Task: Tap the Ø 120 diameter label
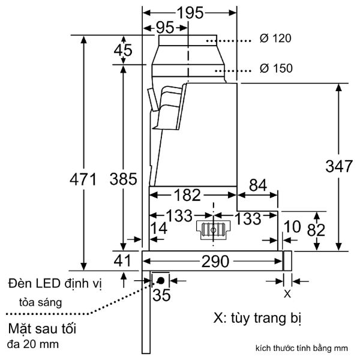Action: [275, 38]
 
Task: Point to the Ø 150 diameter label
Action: [275, 68]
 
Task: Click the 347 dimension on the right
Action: [339, 167]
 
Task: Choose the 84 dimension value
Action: [258, 185]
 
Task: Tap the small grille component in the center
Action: [213, 229]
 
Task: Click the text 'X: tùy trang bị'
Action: [255, 316]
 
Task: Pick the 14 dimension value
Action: [159, 228]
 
